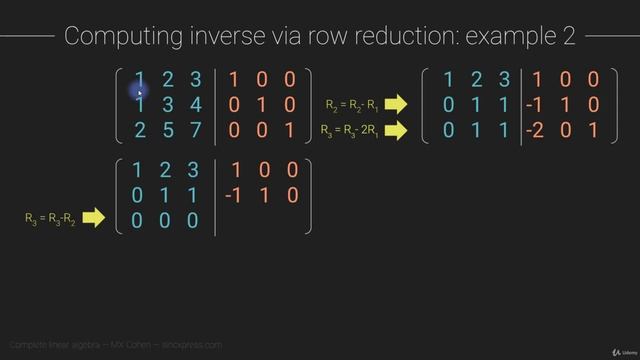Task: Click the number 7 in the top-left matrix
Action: pos(195,129)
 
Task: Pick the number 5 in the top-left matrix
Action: pos(168,129)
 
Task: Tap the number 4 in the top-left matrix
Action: pos(195,104)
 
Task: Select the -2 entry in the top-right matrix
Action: pos(537,129)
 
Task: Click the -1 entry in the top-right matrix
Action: pos(537,104)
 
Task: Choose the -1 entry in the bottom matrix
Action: pos(235,195)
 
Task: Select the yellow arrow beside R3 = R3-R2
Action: pos(93,216)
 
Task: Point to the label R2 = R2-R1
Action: pos(352,105)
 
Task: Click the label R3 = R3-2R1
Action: pos(349,131)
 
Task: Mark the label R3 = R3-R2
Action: pos(52,217)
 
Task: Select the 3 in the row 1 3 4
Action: pos(168,104)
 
